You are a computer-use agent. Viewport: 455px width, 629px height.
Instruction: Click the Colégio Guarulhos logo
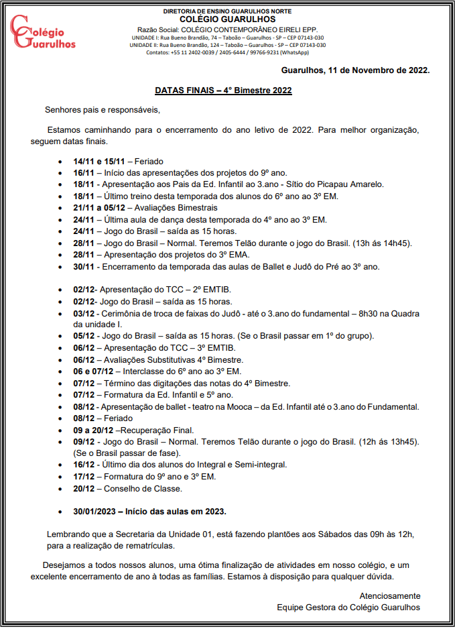click(43, 32)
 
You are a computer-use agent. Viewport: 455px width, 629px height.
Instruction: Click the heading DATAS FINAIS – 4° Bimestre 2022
click(223, 90)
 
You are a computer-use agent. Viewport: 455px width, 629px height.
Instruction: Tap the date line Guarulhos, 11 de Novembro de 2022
click(355, 70)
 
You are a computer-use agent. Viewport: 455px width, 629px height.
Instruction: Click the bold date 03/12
click(84, 313)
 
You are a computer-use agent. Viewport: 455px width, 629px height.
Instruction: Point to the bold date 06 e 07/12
click(94, 371)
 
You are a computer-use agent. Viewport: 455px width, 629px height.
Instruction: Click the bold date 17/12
click(84, 477)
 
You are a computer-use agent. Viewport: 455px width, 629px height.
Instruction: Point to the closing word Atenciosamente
click(389, 595)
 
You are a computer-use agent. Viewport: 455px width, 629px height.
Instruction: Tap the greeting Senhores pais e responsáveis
click(103, 109)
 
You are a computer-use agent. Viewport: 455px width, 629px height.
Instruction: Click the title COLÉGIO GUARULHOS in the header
click(228, 19)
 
